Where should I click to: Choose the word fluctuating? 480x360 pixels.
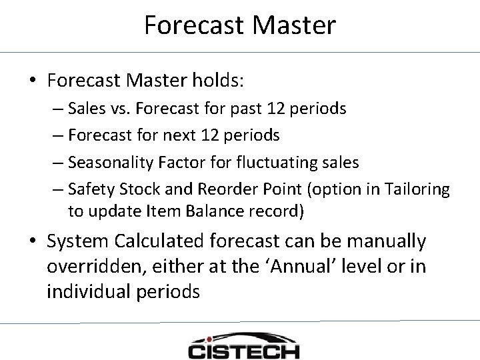pos(274,163)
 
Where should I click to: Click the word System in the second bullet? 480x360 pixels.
pos(74,241)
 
